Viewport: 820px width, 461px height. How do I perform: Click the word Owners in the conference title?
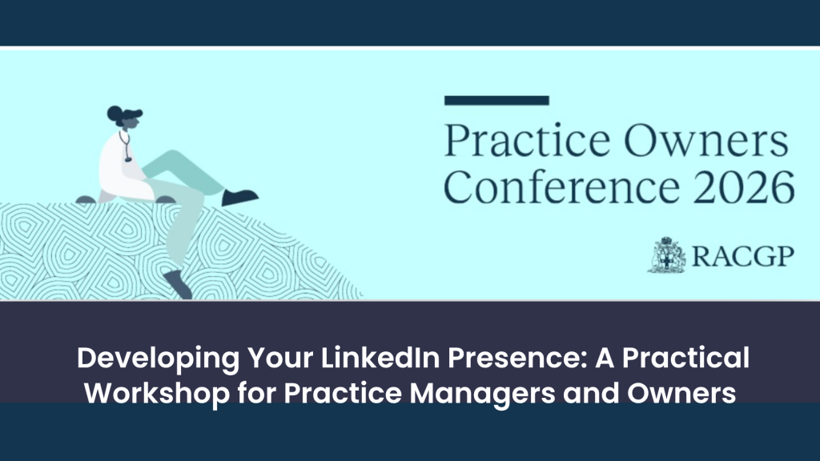[x=706, y=141]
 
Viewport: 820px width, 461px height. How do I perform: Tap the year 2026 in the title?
[x=744, y=187]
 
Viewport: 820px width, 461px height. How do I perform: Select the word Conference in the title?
[x=561, y=187]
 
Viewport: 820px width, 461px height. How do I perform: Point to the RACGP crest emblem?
[x=666, y=255]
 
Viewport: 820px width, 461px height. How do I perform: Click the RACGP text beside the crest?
[x=742, y=256]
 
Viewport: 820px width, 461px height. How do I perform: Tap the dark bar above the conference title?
[x=496, y=100]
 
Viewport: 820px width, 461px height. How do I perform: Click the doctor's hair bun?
[x=114, y=112]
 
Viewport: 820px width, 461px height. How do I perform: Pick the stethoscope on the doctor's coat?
[x=126, y=146]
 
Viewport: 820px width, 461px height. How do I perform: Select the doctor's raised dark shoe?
[x=239, y=197]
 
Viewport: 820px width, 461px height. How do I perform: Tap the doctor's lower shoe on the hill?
[x=178, y=284]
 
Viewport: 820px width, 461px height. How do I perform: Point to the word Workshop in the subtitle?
[x=157, y=394]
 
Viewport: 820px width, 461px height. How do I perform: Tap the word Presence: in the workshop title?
[x=517, y=358]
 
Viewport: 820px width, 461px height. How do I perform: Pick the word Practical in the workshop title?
[x=685, y=358]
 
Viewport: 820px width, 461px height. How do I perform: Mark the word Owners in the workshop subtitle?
[x=681, y=393]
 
